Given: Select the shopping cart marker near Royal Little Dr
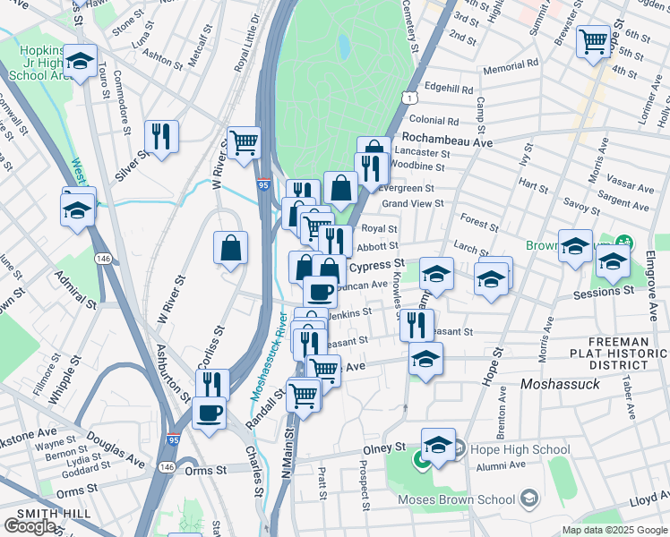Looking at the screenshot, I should click(x=243, y=142).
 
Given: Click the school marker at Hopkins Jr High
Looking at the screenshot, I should click(x=81, y=61).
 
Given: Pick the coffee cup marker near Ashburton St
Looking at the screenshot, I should click(x=209, y=413).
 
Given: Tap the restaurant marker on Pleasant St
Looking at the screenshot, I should click(x=417, y=325).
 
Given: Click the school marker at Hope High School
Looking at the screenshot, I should click(x=438, y=444).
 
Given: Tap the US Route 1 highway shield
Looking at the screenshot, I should click(x=408, y=96).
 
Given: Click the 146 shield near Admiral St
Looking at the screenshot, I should click(x=105, y=259).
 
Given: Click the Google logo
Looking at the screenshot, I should click(x=30, y=526).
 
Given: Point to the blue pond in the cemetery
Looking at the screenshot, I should click(x=343, y=45).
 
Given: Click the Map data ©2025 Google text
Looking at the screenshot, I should click(x=614, y=530).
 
